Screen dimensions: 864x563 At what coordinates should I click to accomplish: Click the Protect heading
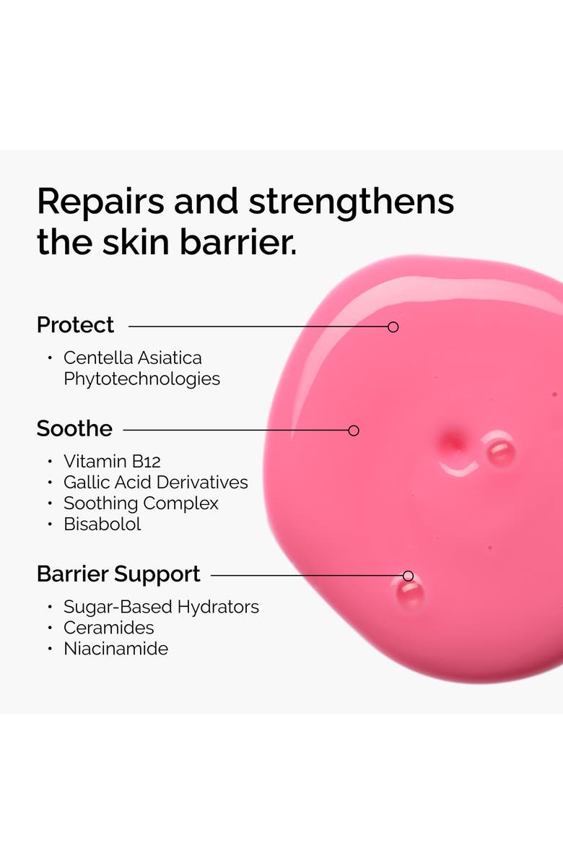pos(75,325)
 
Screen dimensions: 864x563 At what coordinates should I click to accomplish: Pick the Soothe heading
pos(74,428)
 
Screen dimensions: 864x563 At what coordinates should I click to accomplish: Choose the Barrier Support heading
pos(118,574)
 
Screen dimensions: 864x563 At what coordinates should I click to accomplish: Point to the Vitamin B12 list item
pos(112,461)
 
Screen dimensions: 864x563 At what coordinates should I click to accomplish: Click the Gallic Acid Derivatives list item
pos(155,482)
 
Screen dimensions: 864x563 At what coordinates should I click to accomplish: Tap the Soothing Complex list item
pos(141,503)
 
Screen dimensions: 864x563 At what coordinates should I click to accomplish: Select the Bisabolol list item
pos(102,524)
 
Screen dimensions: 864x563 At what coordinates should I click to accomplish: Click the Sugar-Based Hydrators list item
pos(161,607)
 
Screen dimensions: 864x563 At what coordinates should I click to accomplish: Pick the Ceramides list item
pos(109,628)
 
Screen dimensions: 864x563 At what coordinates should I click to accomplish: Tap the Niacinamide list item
pos(115,649)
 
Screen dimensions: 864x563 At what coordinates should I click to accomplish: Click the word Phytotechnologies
pos(141,379)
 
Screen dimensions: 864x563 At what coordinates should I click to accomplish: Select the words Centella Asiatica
pos(133,358)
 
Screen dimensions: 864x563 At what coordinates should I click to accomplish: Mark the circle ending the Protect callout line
pos(393,327)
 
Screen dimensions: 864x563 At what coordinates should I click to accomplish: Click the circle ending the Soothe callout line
pos(354,431)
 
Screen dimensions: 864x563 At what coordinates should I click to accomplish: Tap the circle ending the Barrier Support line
pos(408,576)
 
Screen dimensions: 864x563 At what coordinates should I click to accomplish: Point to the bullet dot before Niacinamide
pos(50,649)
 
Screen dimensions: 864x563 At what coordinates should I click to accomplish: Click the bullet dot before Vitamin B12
pos(50,461)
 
